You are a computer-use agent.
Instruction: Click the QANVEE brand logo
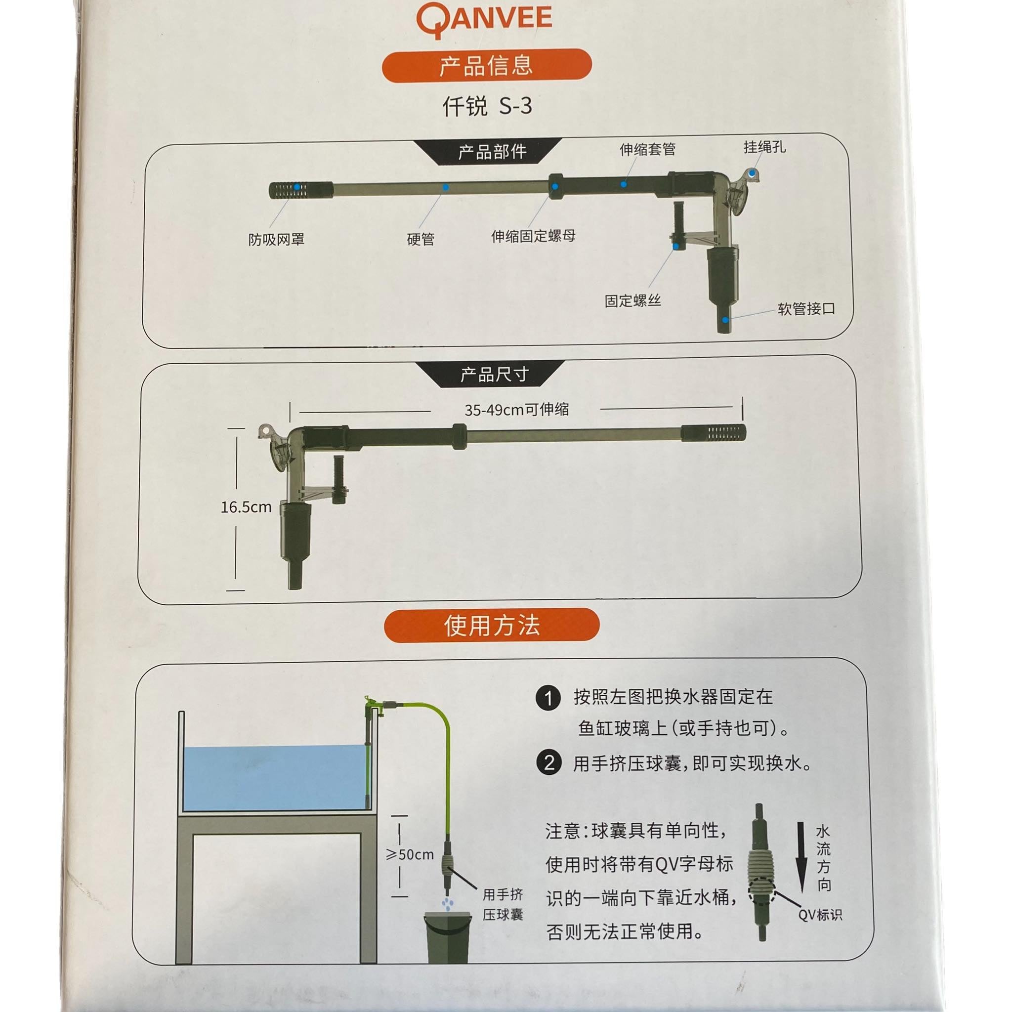click(x=484, y=21)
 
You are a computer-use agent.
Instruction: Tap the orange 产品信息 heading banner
click(x=487, y=66)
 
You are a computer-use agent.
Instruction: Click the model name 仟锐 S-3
click(x=487, y=106)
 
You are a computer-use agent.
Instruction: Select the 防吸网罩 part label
click(x=276, y=239)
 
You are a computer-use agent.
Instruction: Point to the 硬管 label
click(x=421, y=239)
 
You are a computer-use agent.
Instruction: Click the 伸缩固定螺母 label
click(x=533, y=236)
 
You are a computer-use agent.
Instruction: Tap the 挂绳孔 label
click(x=764, y=147)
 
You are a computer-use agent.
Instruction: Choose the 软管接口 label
click(x=806, y=309)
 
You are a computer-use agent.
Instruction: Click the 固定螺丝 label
click(x=633, y=300)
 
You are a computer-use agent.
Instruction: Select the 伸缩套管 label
click(x=647, y=150)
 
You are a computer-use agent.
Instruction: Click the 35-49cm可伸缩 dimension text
click(x=516, y=410)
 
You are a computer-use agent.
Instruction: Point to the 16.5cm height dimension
click(x=246, y=507)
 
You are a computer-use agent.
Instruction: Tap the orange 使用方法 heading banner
click(x=491, y=626)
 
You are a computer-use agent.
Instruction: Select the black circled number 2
click(x=548, y=762)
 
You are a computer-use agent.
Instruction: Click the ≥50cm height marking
click(x=410, y=855)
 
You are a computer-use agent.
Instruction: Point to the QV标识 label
click(x=820, y=915)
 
